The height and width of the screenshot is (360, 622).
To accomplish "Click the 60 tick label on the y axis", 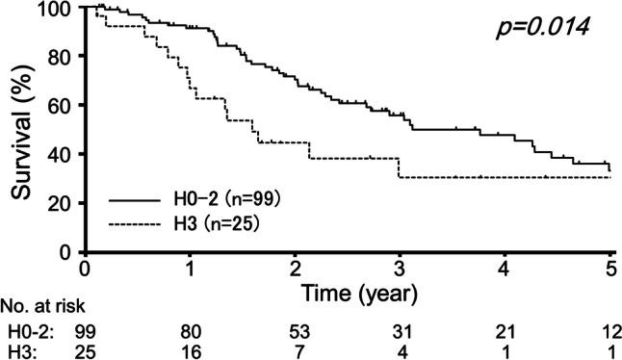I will (65, 106).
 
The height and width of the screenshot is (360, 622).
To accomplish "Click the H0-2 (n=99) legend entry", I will (207, 201).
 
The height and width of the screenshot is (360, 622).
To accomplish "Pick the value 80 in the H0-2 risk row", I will (191, 331).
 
